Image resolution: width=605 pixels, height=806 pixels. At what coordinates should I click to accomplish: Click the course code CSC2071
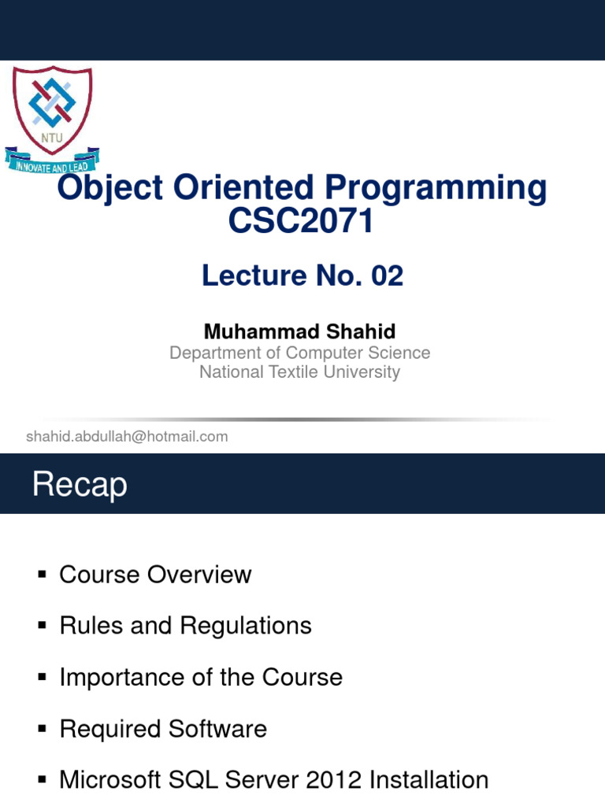point(301,222)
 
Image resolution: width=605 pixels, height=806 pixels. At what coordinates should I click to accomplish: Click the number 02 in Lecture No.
point(386,275)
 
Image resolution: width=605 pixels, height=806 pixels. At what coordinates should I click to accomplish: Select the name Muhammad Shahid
point(299,331)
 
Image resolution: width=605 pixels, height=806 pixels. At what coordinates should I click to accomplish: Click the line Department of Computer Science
point(299,353)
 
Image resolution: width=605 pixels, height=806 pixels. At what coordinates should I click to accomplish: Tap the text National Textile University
point(299,372)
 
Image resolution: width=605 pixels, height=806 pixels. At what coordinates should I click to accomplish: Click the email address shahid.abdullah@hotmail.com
point(127,436)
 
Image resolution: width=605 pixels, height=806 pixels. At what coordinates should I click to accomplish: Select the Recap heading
point(80,485)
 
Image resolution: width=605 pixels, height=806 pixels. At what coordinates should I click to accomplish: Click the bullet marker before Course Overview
point(43,575)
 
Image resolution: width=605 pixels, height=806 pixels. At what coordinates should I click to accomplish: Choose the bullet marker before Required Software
point(43,730)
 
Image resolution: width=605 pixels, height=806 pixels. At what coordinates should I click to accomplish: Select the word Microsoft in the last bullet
point(110,780)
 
